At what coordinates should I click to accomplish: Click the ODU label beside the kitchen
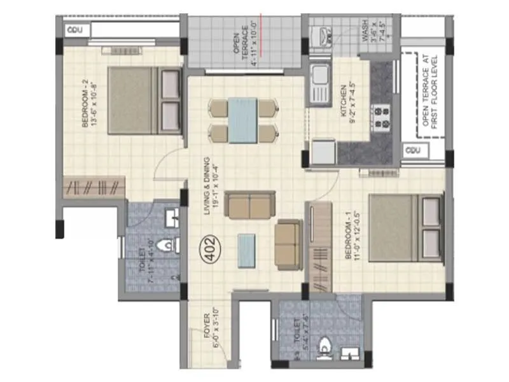[x=412, y=151]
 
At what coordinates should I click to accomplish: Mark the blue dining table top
[x=243, y=120]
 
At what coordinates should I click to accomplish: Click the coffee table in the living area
[x=247, y=250]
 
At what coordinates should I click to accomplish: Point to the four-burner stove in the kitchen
[x=382, y=117]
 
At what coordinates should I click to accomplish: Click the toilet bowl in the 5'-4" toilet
[x=326, y=348]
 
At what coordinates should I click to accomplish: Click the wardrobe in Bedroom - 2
[x=94, y=187]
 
